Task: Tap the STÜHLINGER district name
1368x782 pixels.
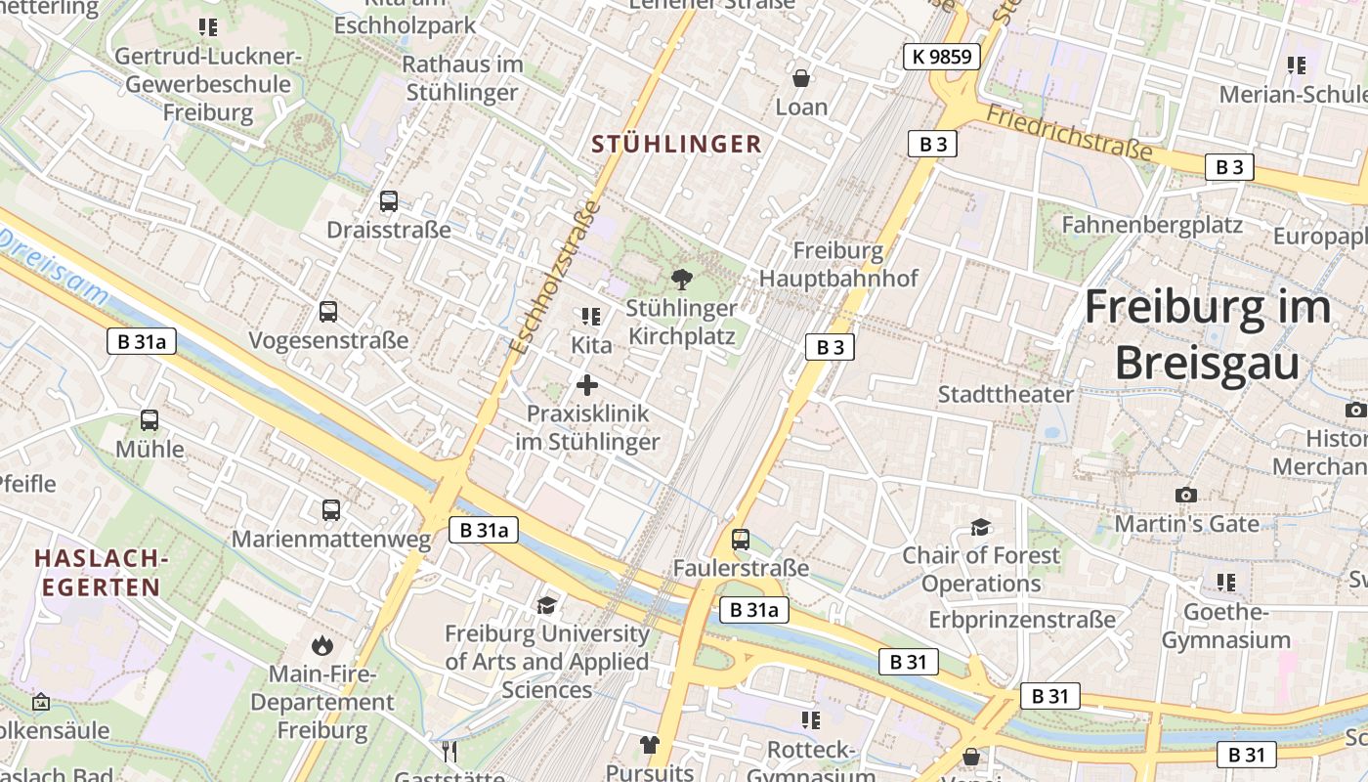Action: (x=676, y=145)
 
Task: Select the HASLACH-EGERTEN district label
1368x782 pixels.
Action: (x=97, y=573)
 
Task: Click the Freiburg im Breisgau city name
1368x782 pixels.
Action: (x=1208, y=334)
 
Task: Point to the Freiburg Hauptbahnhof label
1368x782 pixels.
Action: (x=838, y=264)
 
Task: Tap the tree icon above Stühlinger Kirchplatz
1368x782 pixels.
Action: (x=682, y=279)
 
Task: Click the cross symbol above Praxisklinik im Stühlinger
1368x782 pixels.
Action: (x=587, y=385)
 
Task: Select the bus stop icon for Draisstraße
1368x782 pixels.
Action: (x=389, y=202)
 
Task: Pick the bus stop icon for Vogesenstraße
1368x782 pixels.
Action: (x=328, y=312)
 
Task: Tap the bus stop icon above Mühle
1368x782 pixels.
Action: (x=150, y=420)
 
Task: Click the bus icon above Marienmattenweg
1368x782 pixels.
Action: (x=331, y=510)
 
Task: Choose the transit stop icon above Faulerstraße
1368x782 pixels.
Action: (x=741, y=540)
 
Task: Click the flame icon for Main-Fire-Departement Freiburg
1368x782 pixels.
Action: (x=321, y=645)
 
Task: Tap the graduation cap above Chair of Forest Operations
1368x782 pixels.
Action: (x=980, y=528)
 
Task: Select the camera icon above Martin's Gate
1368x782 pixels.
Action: (x=1186, y=496)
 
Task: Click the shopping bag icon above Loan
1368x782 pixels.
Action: (x=801, y=78)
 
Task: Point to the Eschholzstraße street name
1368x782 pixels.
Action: (x=554, y=279)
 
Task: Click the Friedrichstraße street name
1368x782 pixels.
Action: (x=1069, y=133)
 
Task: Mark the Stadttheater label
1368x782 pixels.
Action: (x=1005, y=395)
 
